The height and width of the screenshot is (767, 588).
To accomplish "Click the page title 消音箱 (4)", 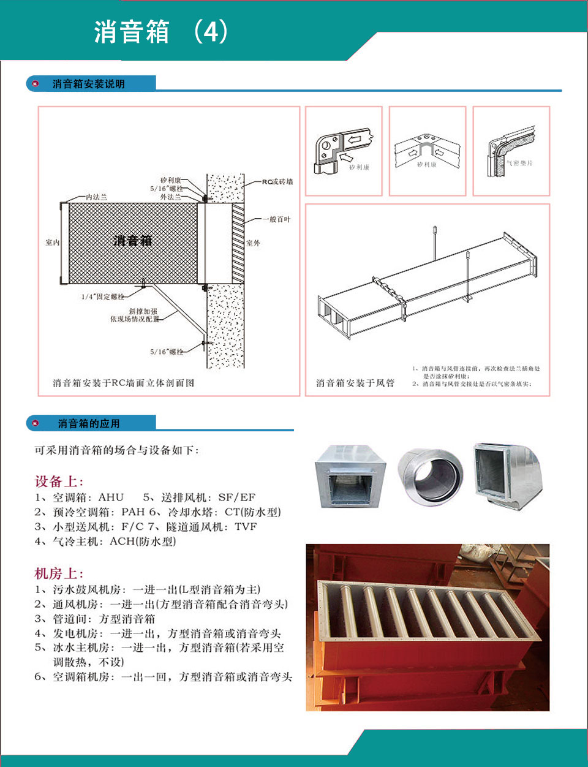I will [160, 32].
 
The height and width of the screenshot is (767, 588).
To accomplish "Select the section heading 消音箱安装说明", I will [88, 84].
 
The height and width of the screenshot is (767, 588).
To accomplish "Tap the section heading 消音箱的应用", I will [88, 423].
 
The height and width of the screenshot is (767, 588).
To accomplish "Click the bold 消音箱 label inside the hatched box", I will [132, 241].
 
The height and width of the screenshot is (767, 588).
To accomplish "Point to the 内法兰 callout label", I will [96, 197].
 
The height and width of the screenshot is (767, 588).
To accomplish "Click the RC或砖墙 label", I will [277, 181].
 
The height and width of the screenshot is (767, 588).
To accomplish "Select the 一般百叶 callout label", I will [276, 219].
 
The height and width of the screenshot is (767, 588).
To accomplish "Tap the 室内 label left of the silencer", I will [52, 243].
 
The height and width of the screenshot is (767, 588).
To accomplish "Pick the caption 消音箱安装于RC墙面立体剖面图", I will [123, 383].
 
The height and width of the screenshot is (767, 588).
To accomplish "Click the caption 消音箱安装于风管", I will [355, 383].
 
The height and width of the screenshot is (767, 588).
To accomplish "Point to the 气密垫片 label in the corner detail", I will [519, 163].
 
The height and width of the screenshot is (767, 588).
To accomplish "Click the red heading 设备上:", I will [59, 482].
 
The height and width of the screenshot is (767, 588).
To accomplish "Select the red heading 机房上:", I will [59, 573].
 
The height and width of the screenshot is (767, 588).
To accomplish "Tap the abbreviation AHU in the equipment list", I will [111, 497].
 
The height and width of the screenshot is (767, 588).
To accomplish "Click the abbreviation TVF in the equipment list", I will [246, 526].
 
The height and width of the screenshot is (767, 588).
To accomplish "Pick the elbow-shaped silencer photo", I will [507, 475].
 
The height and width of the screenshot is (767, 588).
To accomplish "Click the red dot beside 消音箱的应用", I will [36, 423].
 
